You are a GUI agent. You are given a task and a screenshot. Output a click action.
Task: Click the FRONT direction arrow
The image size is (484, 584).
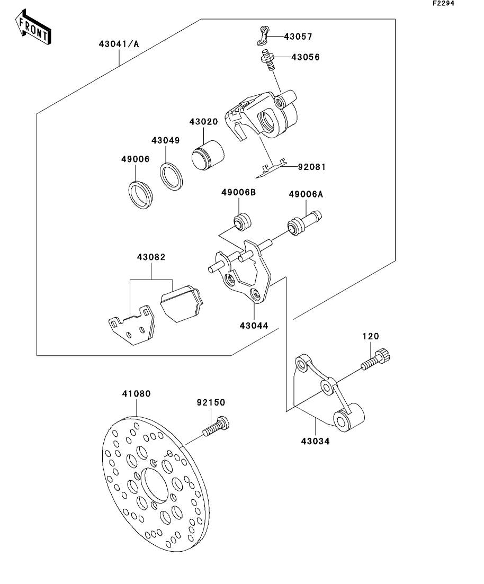point(33,28)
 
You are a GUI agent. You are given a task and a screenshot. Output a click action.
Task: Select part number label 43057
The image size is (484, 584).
point(298,37)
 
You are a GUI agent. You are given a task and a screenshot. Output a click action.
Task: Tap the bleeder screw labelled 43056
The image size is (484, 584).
point(268,59)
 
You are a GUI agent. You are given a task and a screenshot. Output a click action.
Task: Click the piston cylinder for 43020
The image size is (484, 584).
point(208,156)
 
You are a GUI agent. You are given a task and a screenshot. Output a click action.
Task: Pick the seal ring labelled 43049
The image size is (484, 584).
point(172,176)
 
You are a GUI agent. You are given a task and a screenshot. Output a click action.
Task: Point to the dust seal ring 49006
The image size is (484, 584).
point(140,194)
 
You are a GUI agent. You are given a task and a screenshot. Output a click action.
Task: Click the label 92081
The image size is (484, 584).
point(312,167)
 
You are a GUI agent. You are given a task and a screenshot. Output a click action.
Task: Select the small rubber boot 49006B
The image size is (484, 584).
point(242,222)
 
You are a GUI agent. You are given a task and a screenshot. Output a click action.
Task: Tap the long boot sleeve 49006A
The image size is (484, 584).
point(304,223)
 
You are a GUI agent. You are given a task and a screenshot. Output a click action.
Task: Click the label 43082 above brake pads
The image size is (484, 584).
point(151,257)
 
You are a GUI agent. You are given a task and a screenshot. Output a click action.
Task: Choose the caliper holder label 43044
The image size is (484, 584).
point(254,326)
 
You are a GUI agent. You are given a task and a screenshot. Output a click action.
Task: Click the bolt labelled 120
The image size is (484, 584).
point(375,359)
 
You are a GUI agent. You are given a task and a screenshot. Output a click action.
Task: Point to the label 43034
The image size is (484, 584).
point(315,442)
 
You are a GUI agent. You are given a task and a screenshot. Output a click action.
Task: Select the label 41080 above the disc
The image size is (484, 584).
point(137,394)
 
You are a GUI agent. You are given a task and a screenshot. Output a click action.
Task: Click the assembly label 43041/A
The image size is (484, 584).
point(119,44)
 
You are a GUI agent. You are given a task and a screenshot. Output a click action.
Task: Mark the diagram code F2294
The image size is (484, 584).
point(443,3)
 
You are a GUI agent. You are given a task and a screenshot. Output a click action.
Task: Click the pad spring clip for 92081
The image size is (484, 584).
point(271,169)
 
